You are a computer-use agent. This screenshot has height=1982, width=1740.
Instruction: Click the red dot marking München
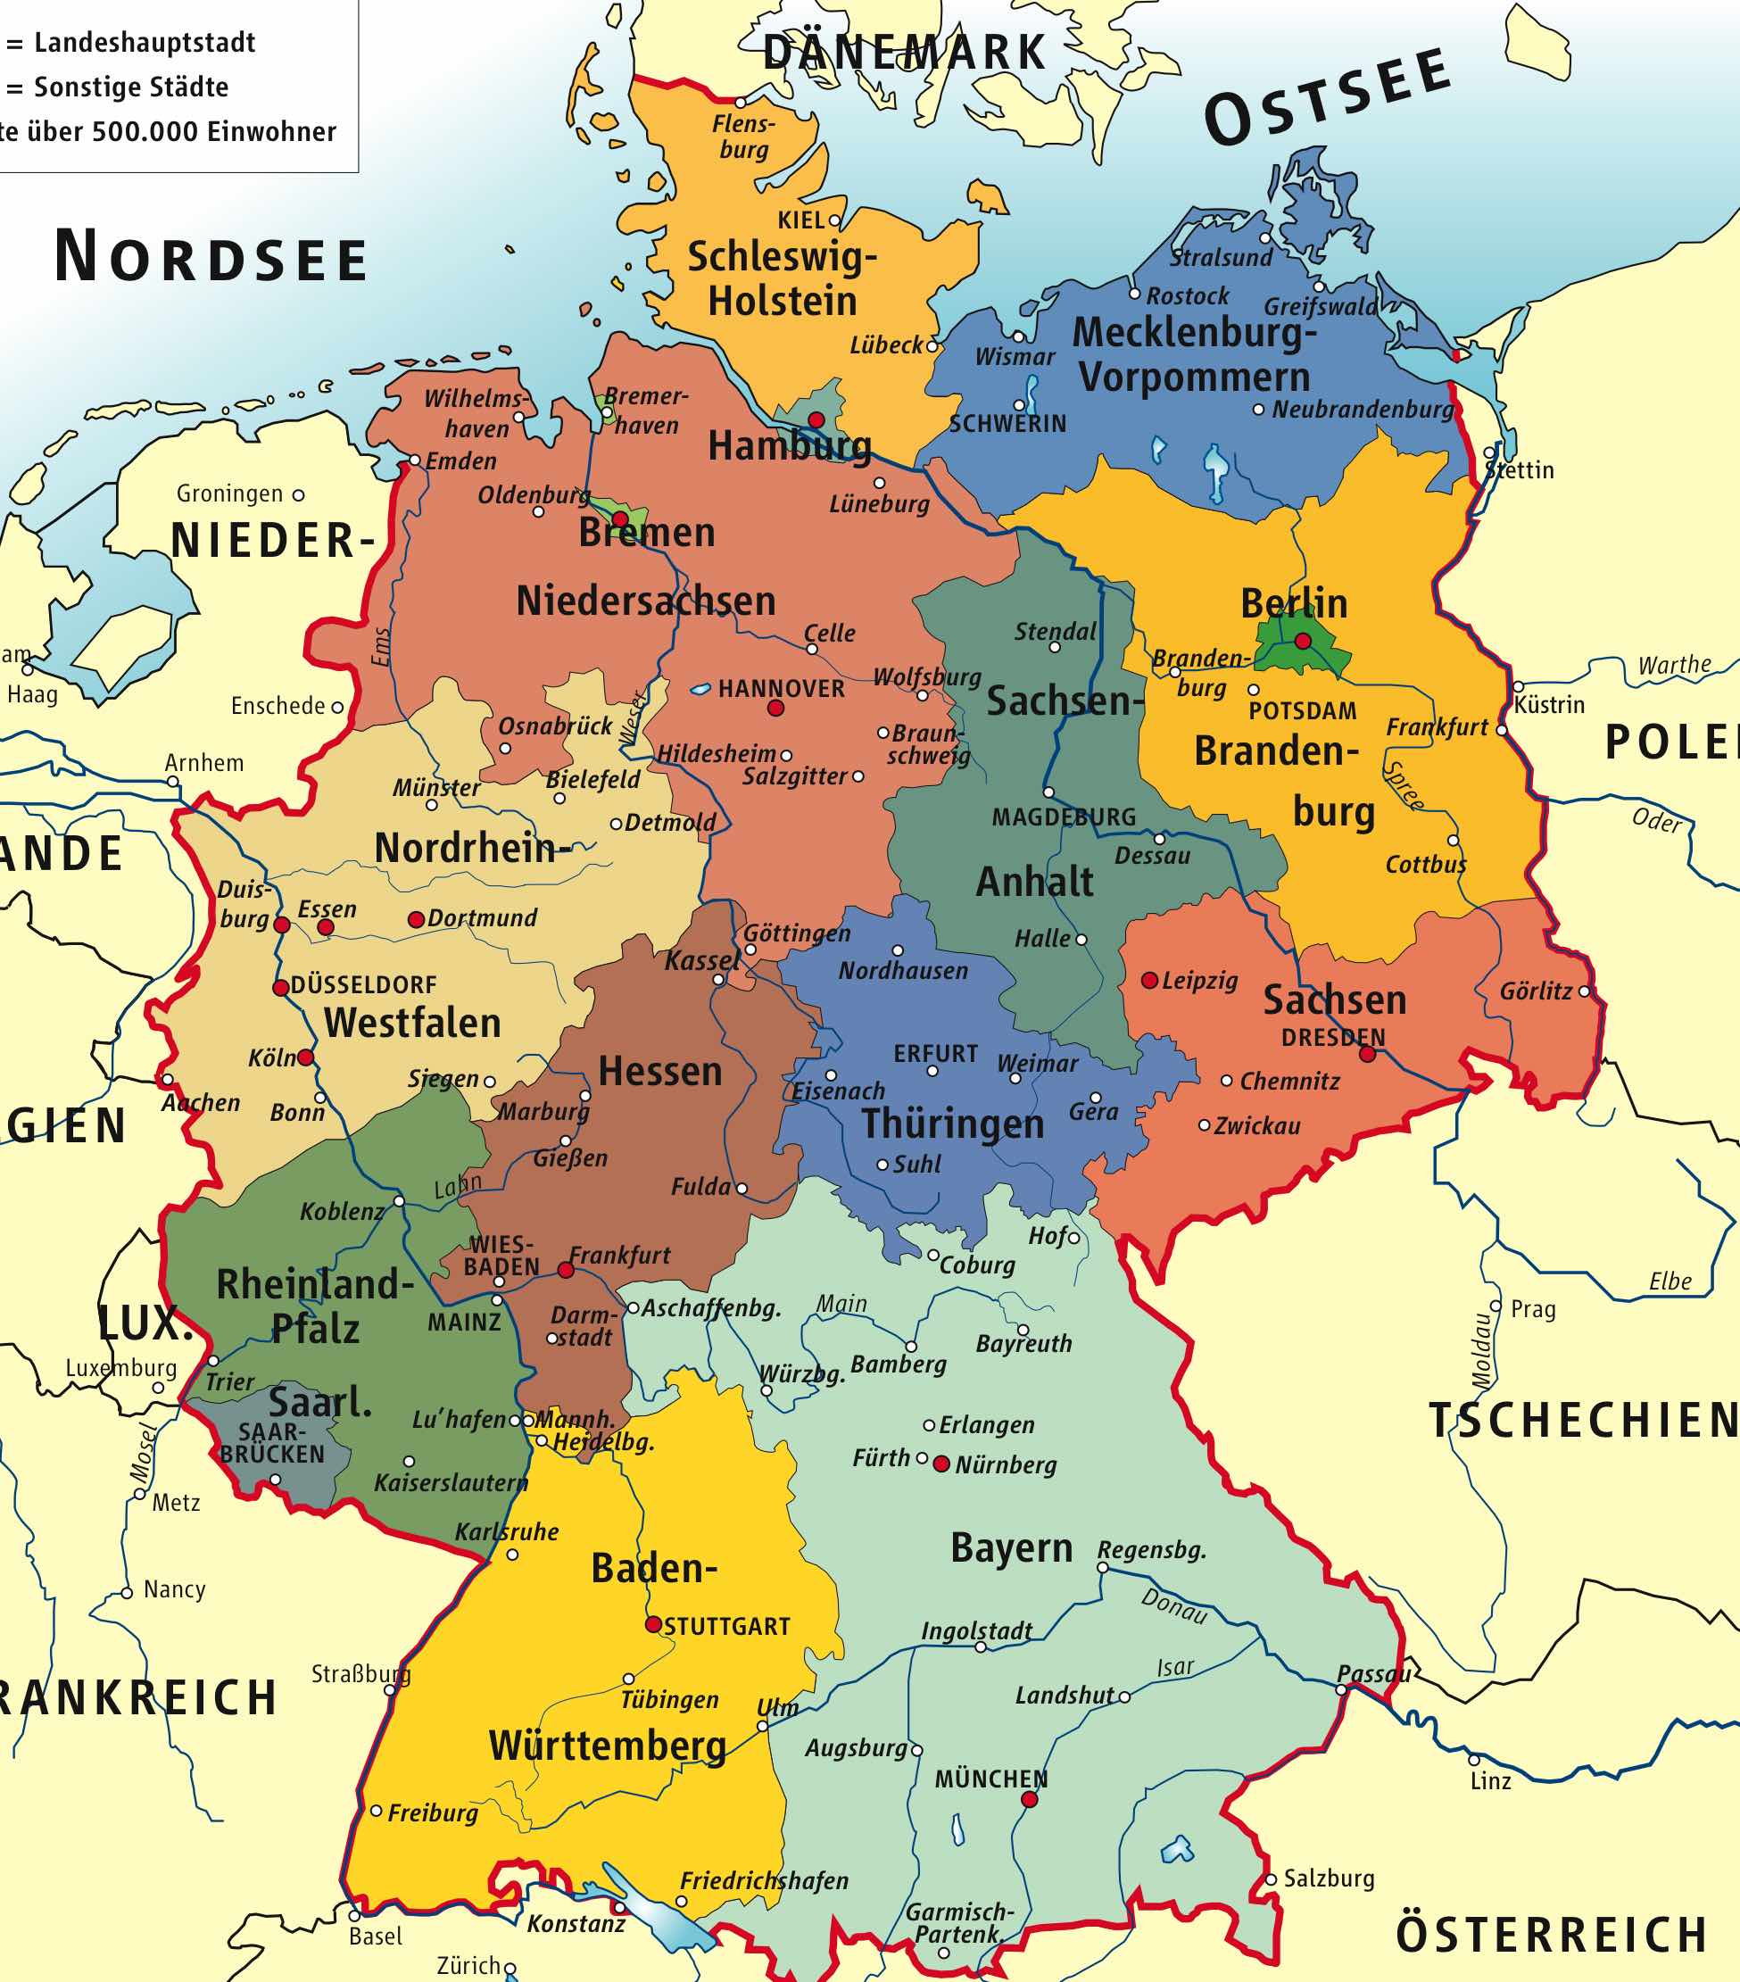click(1030, 1800)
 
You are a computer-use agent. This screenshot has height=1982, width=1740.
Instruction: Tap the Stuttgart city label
click(727, 1626)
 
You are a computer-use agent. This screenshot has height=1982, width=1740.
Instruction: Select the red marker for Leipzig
click(1148, 981)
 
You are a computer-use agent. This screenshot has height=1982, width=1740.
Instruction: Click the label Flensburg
click(743, 137)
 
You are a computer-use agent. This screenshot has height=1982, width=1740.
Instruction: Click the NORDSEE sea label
click(211, 257)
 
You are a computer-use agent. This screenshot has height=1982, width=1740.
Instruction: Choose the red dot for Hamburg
click(816, 419)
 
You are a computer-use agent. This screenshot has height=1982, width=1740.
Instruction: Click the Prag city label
click(1533, 1309)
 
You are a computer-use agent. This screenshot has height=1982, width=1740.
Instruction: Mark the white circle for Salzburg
click(1270, 1879)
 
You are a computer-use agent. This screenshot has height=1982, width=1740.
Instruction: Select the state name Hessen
click(660, 1072)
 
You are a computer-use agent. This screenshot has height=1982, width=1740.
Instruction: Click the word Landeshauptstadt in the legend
click(145, 43)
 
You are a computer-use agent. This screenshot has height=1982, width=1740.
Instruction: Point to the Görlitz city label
click(1536, 991)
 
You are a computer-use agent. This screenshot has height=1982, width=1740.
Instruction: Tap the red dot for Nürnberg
click(940, 1464)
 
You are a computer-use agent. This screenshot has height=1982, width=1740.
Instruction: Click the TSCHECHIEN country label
click(1583, 1421)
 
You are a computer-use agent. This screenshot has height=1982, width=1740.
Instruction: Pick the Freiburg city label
click(433, 1813)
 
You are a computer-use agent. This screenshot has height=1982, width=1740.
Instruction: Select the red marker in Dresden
click(1367, 1054)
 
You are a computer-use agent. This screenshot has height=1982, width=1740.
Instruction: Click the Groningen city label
click(228, 493)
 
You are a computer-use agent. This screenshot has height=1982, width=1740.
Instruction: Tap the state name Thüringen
click(953, 1124)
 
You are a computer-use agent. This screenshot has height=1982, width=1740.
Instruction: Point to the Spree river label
click(1403, 784)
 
